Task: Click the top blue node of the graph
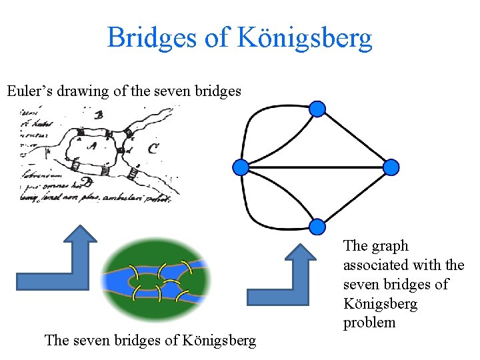(318, 109)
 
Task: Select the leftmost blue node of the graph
(241, 167)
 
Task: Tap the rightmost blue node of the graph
(391, 167)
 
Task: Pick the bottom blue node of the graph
(318, 225)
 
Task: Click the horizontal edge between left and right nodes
(316, 167)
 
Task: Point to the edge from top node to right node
(355, 137)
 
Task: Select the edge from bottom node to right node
(355, 196)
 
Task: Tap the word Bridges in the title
(152, 38)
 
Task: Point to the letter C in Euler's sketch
(153, 148)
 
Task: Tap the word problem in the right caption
(369, 323)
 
